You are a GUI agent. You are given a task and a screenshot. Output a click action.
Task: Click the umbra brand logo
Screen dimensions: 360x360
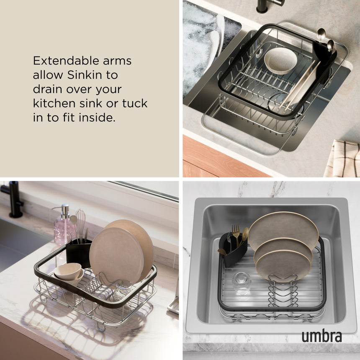pos(321,336)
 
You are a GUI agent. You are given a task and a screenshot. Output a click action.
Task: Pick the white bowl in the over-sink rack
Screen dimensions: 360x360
pos(280,61)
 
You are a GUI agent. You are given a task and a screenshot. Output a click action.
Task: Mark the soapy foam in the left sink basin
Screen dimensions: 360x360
pos(201,46)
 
